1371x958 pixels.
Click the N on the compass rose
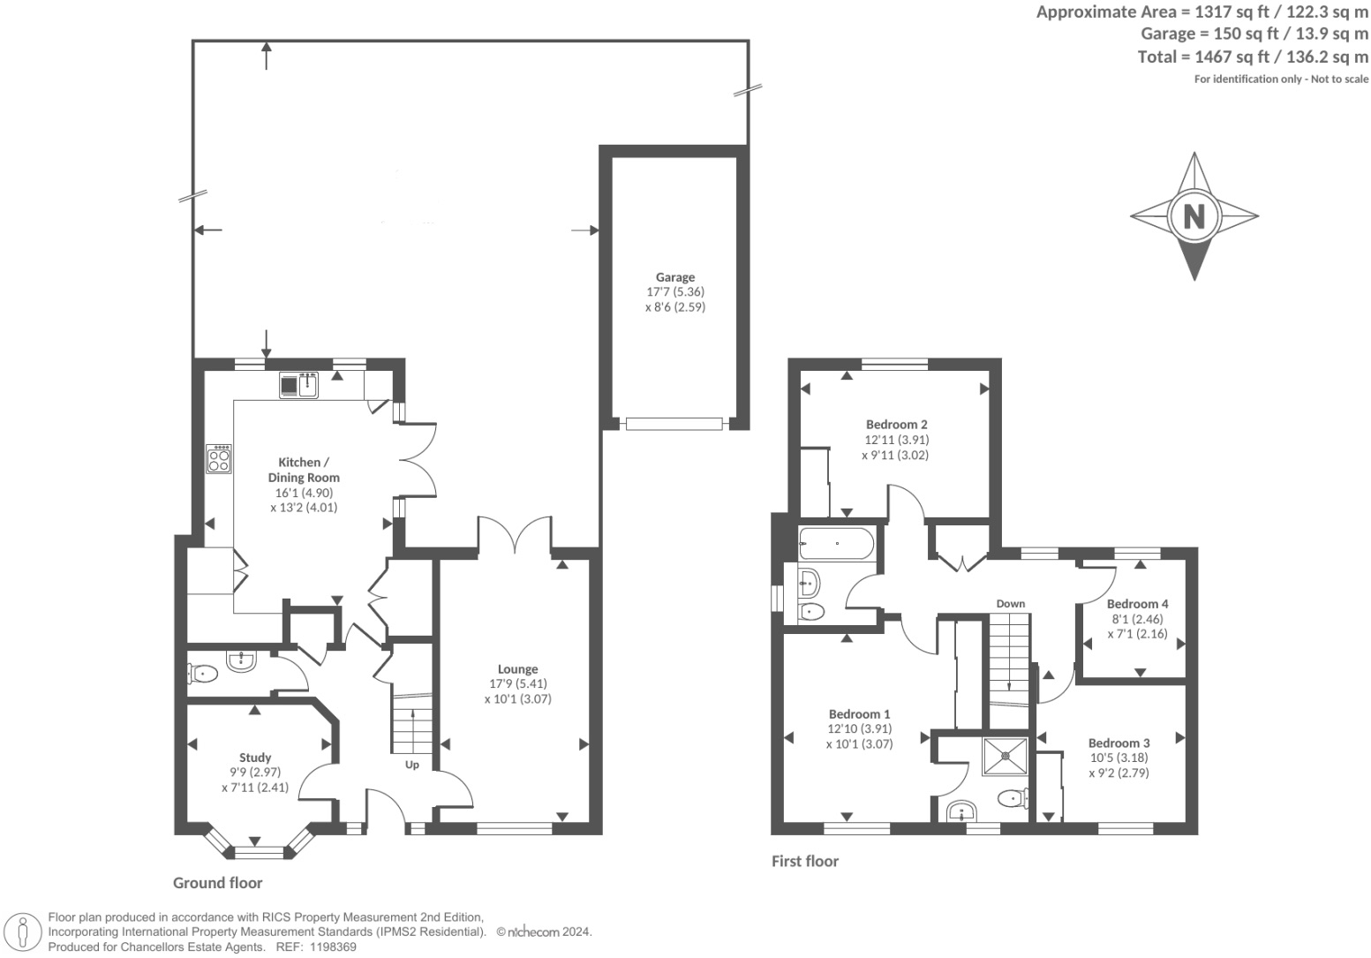1194,216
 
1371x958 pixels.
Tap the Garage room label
675,277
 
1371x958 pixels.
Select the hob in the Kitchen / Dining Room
219,458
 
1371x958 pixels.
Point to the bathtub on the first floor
837,543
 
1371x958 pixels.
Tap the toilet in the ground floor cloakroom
202,674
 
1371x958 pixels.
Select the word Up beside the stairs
412,765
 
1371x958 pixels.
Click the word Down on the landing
1011,604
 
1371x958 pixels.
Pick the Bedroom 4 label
1137,604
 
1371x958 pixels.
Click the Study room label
254,758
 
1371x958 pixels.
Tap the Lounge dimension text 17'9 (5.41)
518,683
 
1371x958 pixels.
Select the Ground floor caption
217,883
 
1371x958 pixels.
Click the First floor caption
805,861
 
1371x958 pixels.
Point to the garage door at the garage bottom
674,424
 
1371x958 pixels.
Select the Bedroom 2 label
897,424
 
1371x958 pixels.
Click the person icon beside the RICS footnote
23,933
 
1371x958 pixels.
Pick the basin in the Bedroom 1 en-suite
961,812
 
